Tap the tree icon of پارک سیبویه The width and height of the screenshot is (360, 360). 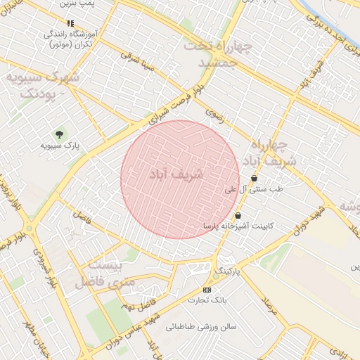tap(58, 134)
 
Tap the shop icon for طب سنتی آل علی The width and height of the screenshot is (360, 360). tap(254, 179)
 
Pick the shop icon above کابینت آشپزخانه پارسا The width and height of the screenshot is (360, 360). tap(238, 215)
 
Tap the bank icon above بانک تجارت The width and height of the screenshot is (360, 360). tap(207, 290)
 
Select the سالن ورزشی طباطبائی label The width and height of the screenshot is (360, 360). tap(201, 327)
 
